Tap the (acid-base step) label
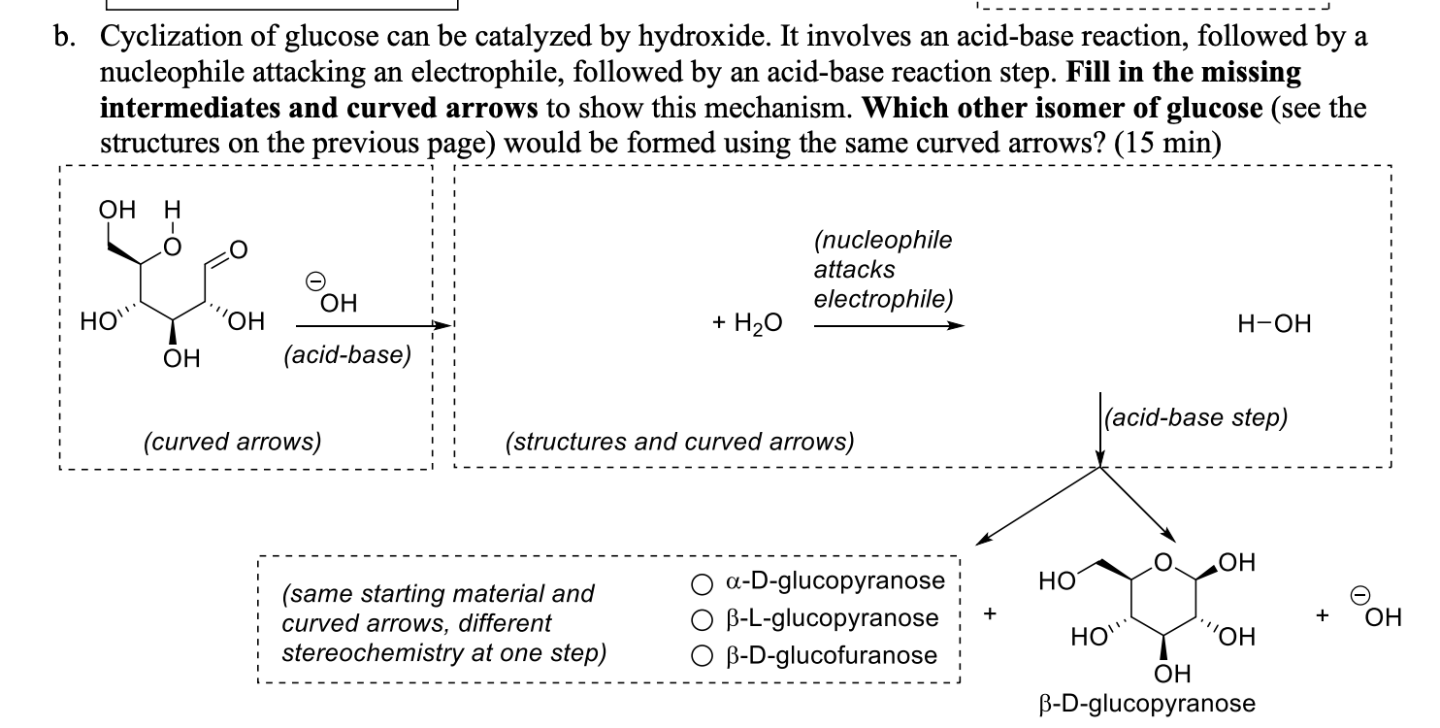1197,417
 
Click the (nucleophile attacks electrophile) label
882,269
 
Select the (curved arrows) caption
232,442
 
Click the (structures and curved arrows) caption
680,442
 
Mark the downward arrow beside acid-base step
1100,428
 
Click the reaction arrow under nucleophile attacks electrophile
889,326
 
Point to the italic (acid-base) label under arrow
346,355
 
